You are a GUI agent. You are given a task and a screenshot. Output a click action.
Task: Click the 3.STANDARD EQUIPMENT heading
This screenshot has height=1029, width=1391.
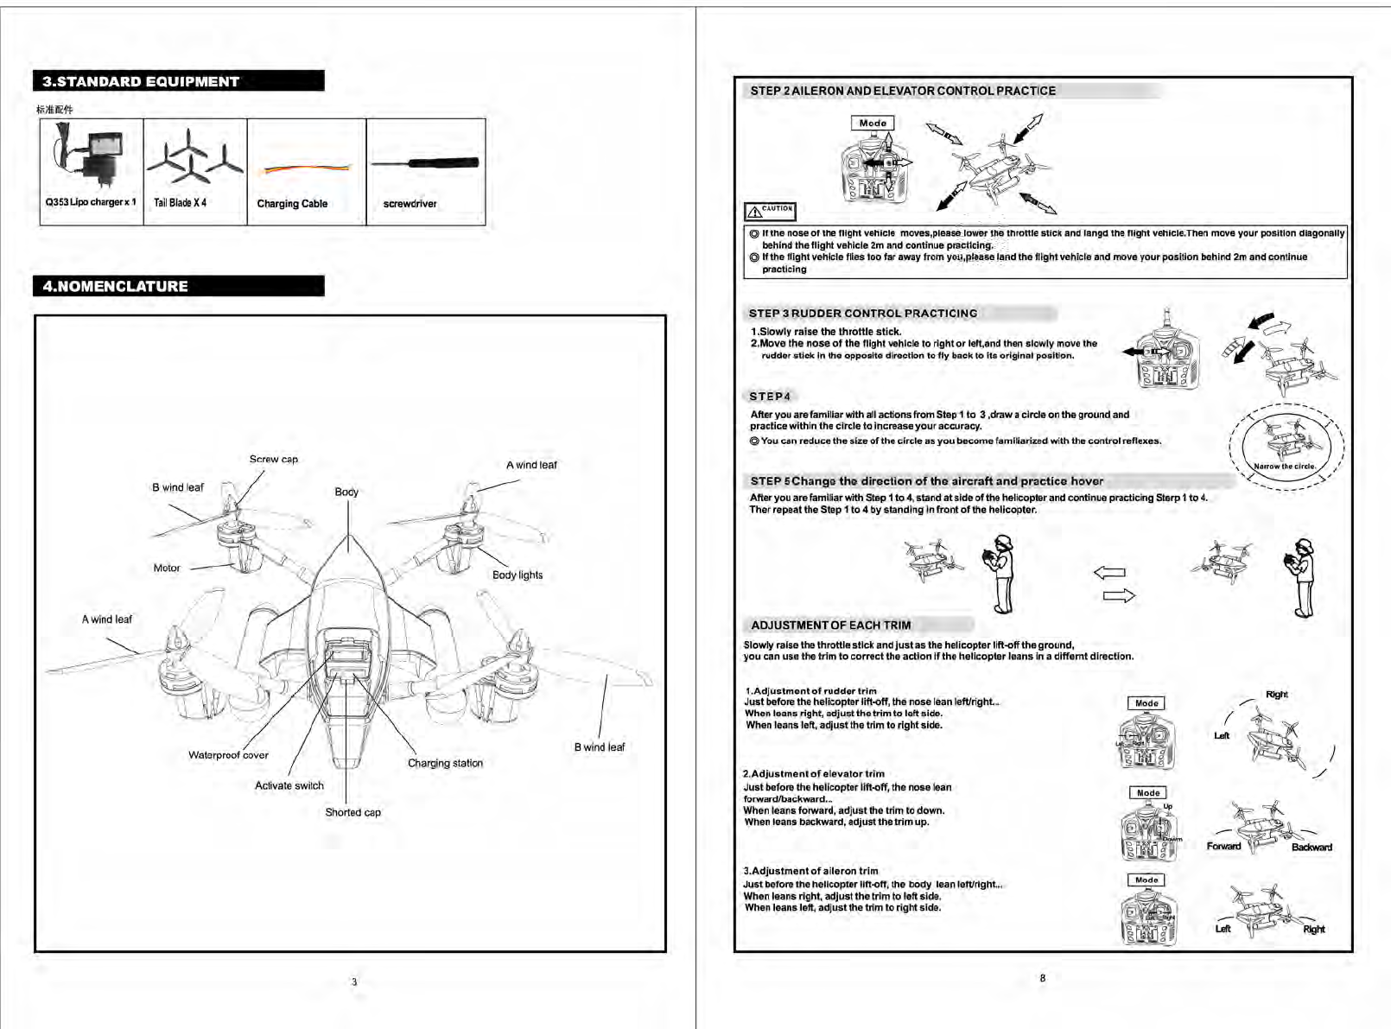141,81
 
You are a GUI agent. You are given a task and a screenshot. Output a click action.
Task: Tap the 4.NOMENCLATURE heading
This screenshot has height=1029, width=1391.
116,286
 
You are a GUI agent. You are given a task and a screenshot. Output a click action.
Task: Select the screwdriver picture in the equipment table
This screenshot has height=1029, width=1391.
425,162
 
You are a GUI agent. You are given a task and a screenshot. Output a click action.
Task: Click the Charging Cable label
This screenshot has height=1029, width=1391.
292,204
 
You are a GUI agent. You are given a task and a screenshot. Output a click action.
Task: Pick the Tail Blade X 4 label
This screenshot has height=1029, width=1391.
180,203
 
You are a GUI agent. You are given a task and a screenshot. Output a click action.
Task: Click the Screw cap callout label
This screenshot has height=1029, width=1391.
273,460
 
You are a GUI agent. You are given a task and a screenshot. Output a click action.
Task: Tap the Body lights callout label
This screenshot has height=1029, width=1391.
518,575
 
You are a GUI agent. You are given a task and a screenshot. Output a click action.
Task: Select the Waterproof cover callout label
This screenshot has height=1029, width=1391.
228,755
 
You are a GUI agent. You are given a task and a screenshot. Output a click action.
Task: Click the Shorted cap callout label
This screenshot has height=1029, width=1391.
353,812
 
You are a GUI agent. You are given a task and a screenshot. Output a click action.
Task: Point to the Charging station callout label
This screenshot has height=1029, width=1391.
445,764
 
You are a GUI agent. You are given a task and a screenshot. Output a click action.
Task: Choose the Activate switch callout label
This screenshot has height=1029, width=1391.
289,786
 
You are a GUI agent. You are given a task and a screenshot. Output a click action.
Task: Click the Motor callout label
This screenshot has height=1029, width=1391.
167,568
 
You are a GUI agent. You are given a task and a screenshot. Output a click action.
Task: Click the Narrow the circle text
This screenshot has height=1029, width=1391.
1285,467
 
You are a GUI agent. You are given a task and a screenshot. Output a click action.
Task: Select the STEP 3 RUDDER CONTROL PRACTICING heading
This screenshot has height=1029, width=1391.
863,314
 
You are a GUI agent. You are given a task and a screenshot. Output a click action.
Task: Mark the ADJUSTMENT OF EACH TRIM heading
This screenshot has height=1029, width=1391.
830,626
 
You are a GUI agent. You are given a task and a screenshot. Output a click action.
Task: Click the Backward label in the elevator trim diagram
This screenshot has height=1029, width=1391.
1312,848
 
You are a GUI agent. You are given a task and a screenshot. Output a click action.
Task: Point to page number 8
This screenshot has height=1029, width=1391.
1043,978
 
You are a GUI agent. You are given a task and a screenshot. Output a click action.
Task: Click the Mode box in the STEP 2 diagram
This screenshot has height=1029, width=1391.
873,124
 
